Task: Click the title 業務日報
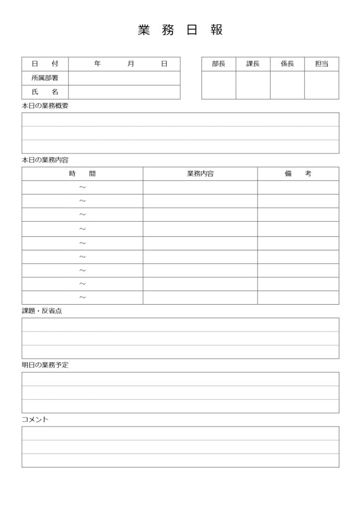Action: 180,30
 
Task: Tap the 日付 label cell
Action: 45,64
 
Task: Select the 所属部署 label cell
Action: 45,78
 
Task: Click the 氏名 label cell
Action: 45,92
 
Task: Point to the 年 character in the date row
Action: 97,64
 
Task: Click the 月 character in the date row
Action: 131,64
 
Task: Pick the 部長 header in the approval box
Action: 218,64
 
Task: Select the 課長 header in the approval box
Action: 253,64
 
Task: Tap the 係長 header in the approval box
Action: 287,64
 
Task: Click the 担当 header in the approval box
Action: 322,64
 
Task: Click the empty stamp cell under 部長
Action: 218,85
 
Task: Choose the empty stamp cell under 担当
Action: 322,85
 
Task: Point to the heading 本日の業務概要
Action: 45,106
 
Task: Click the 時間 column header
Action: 82,174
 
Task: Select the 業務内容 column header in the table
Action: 200,174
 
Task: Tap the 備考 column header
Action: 298,174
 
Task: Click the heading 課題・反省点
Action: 42,311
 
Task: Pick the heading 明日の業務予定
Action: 45,365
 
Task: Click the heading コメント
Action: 35,420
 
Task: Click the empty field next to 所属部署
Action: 124,78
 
